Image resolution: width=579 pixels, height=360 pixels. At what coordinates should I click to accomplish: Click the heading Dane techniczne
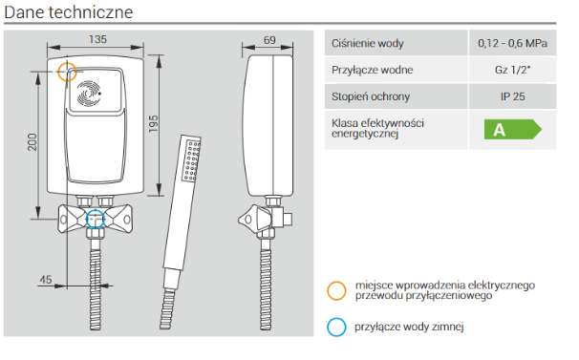pos(68,12)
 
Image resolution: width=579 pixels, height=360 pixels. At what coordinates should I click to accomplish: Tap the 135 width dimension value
pos(97,39)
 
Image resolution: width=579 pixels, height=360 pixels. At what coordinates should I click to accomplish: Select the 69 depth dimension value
pos(269,40)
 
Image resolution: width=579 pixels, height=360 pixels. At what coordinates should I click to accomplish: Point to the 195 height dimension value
pos(153,124)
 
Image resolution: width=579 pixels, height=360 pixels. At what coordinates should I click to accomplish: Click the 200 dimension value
pos(32,142)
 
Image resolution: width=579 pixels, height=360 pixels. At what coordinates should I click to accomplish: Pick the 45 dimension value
pos(46,280)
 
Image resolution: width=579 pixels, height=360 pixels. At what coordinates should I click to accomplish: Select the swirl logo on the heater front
pos(89,93)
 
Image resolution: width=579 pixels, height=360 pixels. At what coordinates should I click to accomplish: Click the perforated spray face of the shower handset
pos(192,160)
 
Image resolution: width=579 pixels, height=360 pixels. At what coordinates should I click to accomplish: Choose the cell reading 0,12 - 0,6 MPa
pos(512,43)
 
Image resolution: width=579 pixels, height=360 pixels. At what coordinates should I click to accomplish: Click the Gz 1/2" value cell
pos(512,70)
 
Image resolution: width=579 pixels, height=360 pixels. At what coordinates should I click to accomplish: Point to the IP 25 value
pos(512,96)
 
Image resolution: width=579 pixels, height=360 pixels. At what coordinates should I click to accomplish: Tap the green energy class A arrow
pos(512,129)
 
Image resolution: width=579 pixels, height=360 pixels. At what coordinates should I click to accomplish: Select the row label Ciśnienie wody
pos(368,44)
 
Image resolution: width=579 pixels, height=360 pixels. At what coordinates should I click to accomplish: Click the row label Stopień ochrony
pos(371,96)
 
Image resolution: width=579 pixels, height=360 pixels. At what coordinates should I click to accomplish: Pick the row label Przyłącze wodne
pos(373,70)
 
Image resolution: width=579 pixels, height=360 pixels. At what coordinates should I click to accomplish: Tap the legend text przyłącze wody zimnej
pos(409,327)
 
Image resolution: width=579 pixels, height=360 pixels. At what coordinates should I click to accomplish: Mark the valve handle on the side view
pos(255,219)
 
